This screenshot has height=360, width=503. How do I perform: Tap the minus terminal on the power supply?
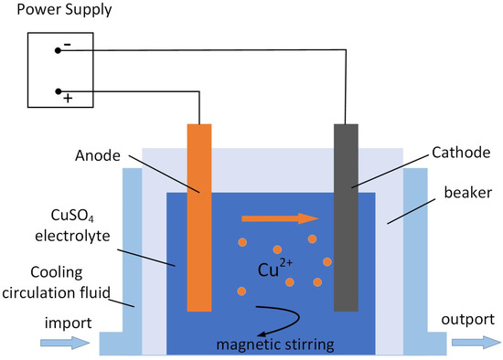click(58, 50)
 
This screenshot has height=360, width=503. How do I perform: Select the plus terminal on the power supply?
click(58, 91)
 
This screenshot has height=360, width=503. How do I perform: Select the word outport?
click(466, 321)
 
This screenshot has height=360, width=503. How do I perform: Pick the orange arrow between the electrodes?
click(280, 218)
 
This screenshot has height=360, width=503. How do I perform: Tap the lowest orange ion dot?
click(241, 291)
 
